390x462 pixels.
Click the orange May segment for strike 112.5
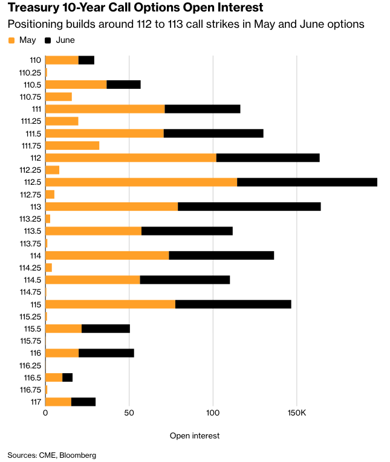[141, 182]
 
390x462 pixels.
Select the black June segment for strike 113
[249, 207]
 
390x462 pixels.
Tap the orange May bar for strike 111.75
[72, 146]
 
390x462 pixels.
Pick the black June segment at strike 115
[233, 304]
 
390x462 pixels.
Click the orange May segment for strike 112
[131, 158]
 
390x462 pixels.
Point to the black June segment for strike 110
[86, 60]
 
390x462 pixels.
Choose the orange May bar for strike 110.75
[59, 97]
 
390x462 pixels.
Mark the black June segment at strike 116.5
[67, 377]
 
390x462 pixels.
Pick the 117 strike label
[35, 402]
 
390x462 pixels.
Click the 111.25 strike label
[30, 121]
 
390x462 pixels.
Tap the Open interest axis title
[195, 435]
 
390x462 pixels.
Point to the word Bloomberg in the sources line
[79, 455]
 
